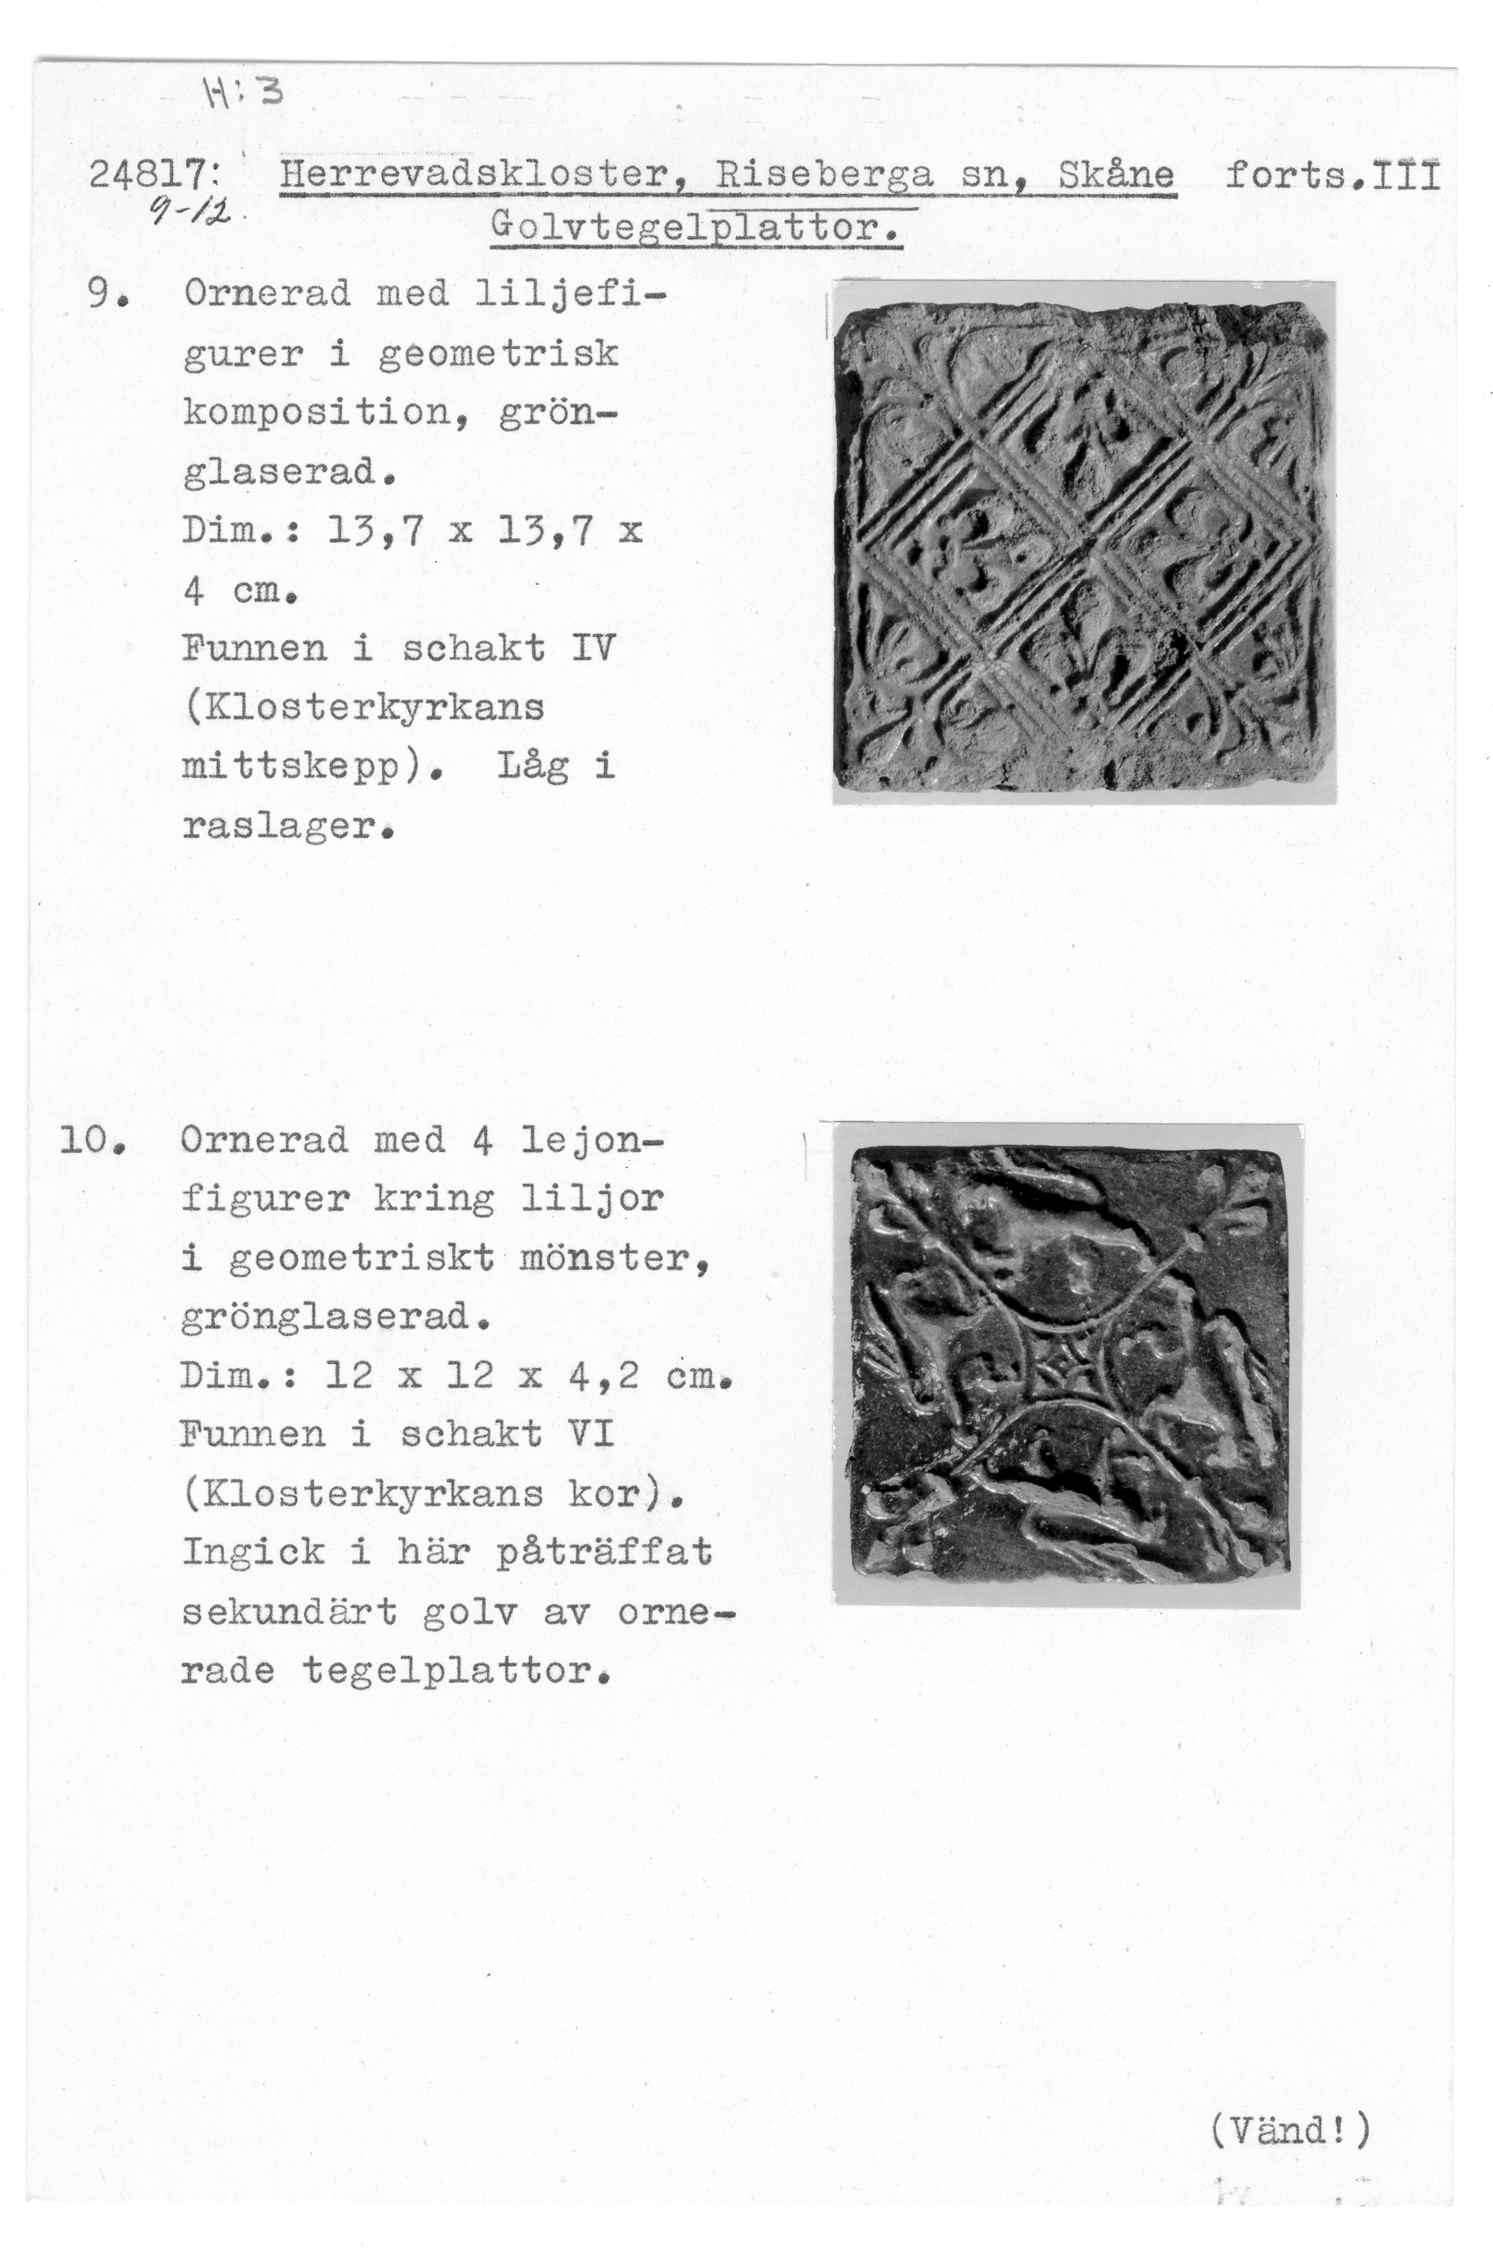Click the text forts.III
coord(1332,176)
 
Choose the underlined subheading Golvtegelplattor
coord(695,228)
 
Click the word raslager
coord(286,827)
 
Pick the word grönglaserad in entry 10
coord(333,1319)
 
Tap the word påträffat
coord(604,1553)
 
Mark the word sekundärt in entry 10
coord(288,1612)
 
